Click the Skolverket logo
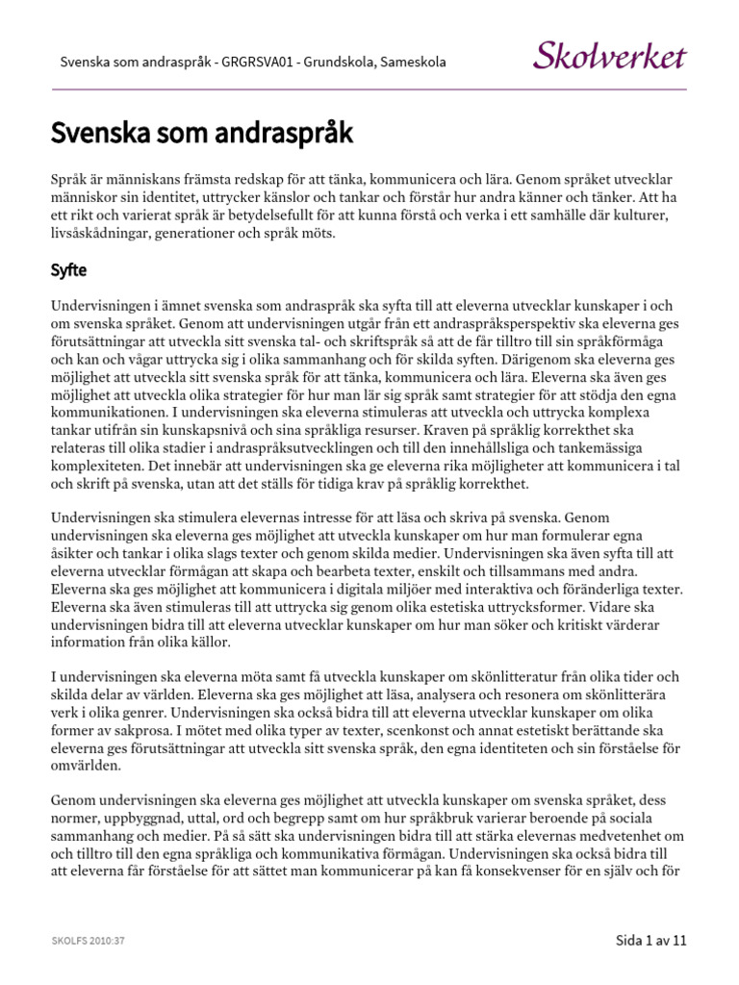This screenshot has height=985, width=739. (609, 55)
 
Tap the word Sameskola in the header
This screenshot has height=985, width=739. (413, 63)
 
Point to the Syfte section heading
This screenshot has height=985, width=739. (69, 271)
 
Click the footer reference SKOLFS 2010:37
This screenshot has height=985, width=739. (89, 941)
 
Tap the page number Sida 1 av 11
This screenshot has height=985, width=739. (650, 940)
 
